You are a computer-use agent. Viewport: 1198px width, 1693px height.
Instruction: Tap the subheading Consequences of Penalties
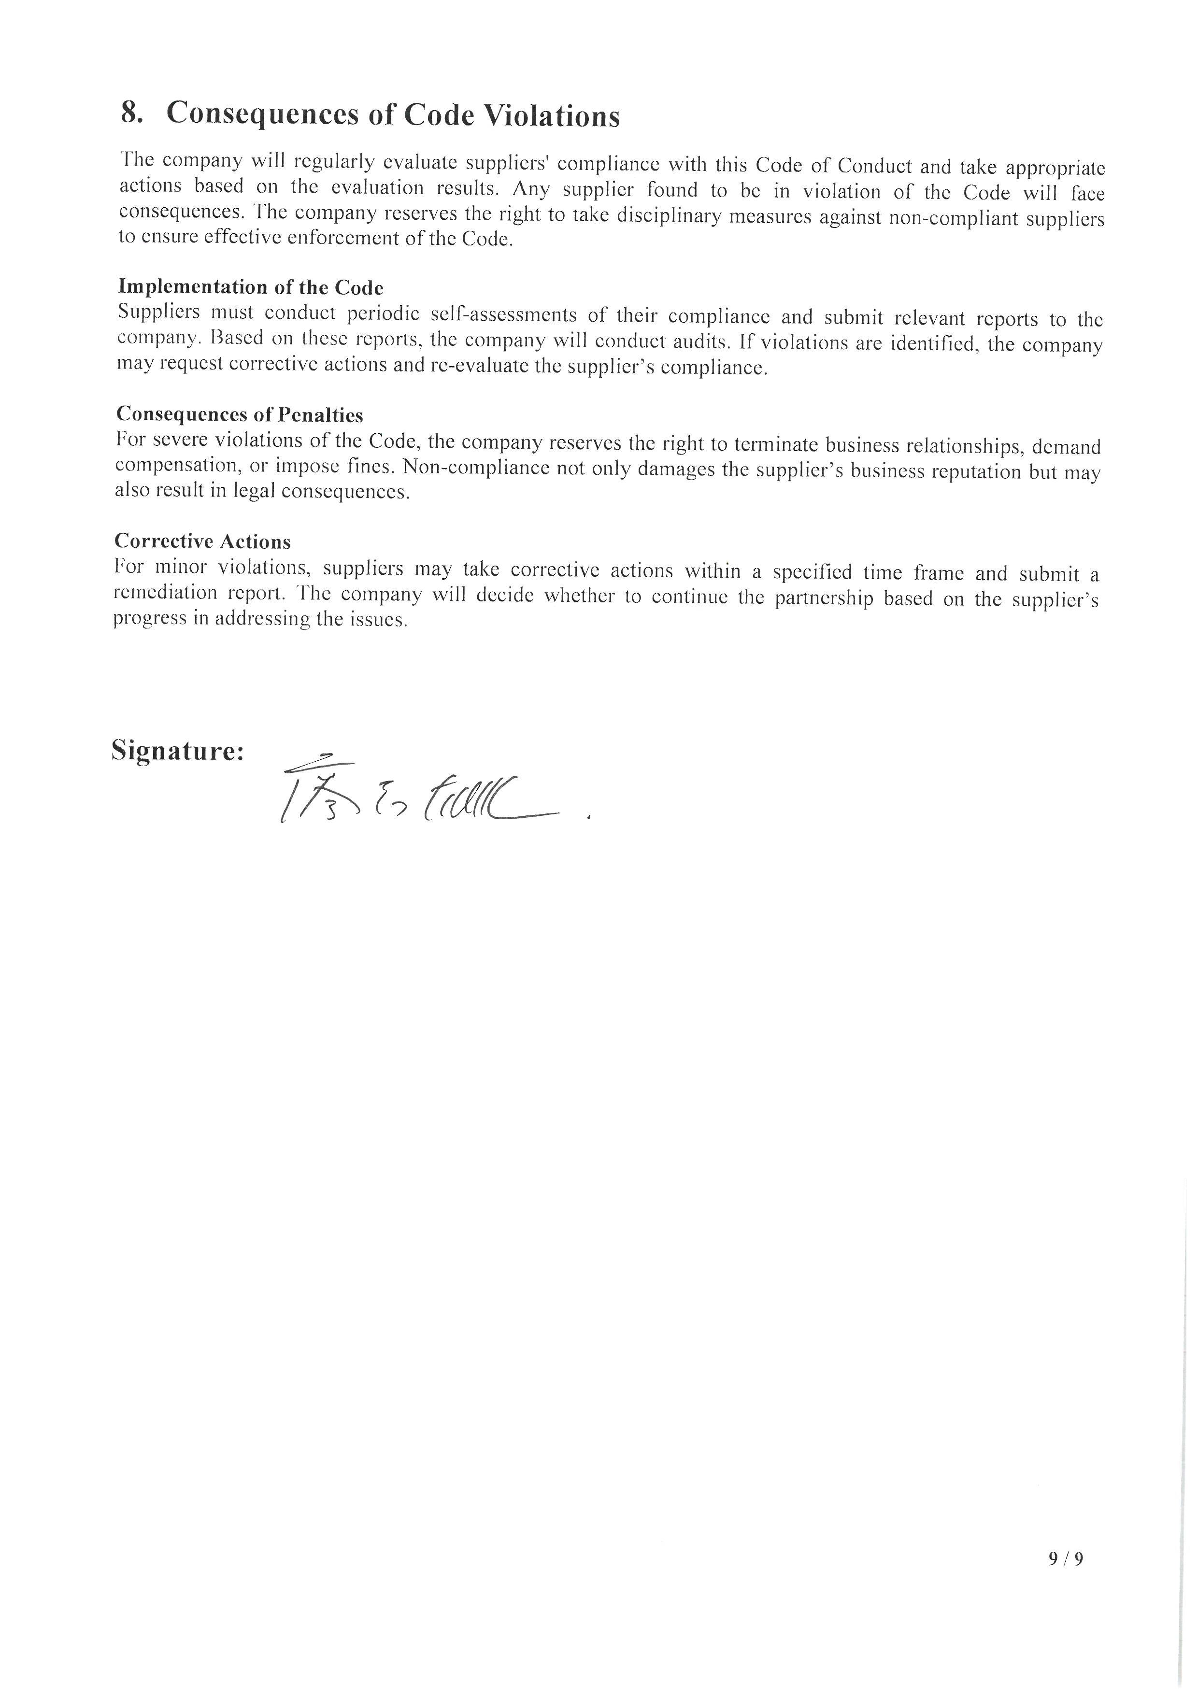[x=239, y=414]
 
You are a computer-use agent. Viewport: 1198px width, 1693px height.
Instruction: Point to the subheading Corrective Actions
[x=203, y=541]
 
